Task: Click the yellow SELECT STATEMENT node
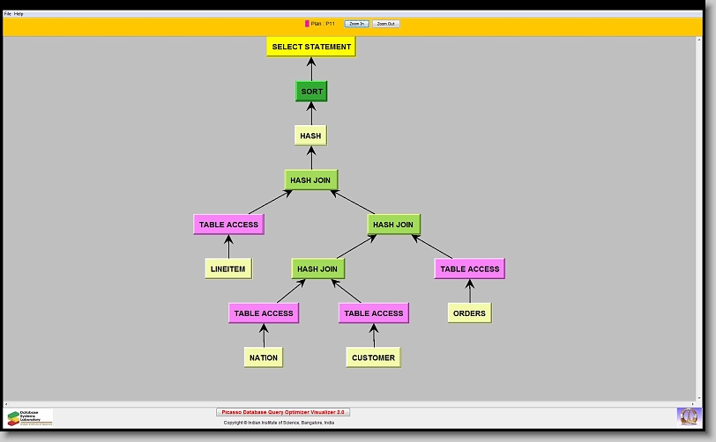click(310, 47)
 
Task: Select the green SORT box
click(311, 92)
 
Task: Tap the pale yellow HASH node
click(310, 136)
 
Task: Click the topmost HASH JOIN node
click(310, 180)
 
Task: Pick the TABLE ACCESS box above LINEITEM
click(228, 225)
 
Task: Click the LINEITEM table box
click(228, 269)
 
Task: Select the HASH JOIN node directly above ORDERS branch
click(393, 225)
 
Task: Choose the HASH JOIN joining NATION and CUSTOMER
click(317, 269)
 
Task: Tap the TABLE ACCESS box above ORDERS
click(469, 269)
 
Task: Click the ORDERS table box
click(469, 313)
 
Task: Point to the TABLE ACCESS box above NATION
click(264, 313)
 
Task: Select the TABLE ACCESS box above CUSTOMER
click(374, 313)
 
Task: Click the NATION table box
click(264, 357)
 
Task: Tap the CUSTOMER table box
click(373, 357)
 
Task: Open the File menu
click(7, 14)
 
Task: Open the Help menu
click(19, 14)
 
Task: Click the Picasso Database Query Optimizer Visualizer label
click(283, 412)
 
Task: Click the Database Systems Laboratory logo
click(30, 417)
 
